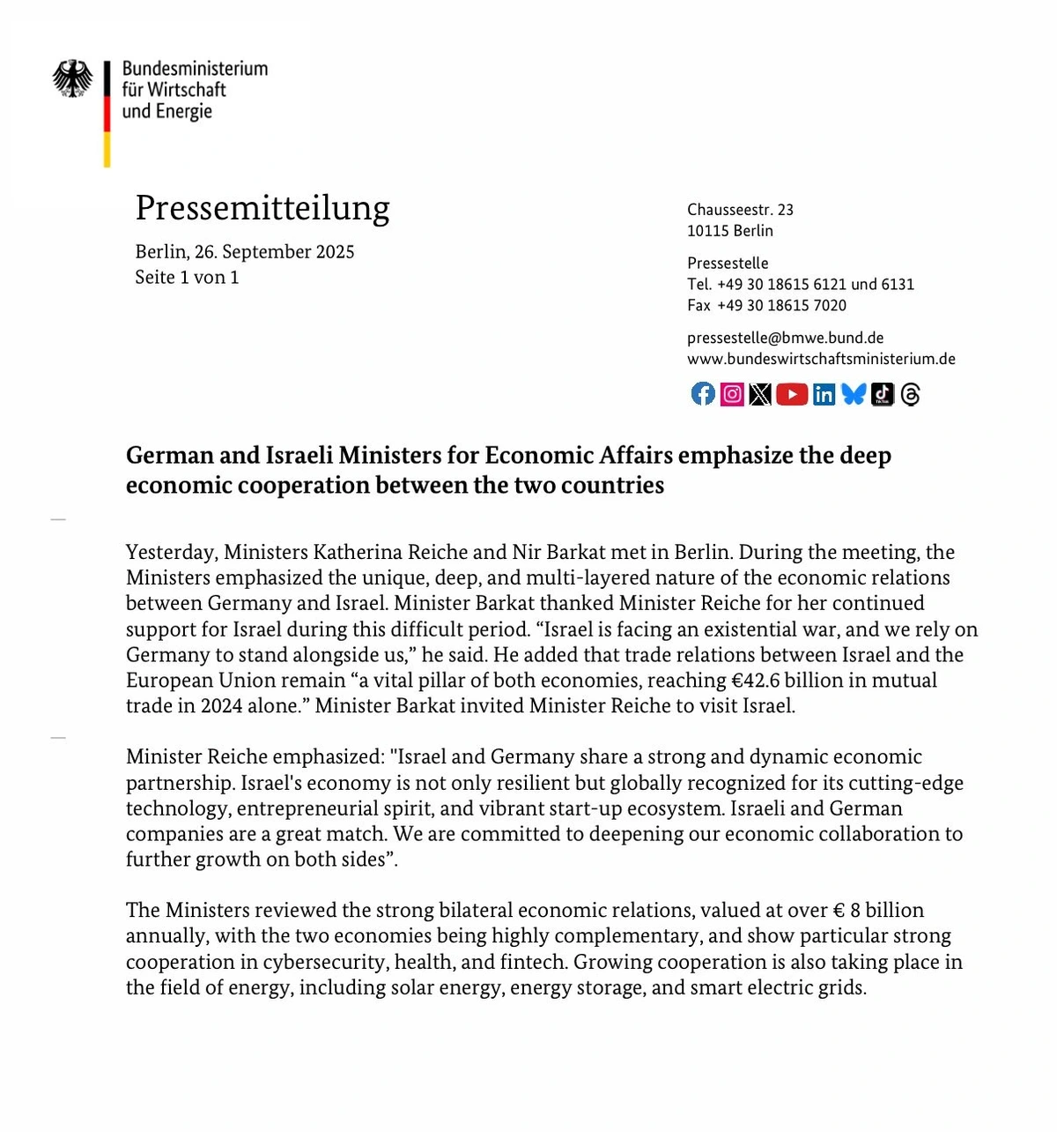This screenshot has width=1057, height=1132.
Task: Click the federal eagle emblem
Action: pyautogui.click(x=72, y=78)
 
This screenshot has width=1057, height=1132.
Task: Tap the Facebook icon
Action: pyautogui.click(x=703, y=394)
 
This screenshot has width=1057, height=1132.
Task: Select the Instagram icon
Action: pyautogui.click(x=732, y=394)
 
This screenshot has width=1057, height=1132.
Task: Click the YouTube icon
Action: pyautogui.click(x=792, y=394)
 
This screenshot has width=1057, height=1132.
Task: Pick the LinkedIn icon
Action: pyautogui.click(x=824, y=394)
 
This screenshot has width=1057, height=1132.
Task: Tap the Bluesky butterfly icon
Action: pyautogui.click(x=854, y=394)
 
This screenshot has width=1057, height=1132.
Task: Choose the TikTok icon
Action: pyautogui.click(x=883, y=394)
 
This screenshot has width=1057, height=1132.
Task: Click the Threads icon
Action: pyautogui.click(x=911, y=394)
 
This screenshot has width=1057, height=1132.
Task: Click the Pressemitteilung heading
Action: pyautogui.click(x=262, y=208)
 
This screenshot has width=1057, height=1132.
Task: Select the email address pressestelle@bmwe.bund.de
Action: pyautogui.click(x=785, y=338)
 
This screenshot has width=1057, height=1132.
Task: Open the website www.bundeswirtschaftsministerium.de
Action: pyautogui.click(x=821, y=359)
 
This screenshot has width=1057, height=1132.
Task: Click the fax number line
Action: pyautogui.click(x=766, y=306)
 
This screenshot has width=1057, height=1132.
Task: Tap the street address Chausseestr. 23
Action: pyautogui.click(x=740, y=210)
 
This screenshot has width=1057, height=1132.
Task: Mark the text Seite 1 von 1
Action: pyautogui.click(x=187, y=278)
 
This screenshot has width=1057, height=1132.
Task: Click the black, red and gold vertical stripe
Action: pyautogui.click(x=107, y=114)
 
